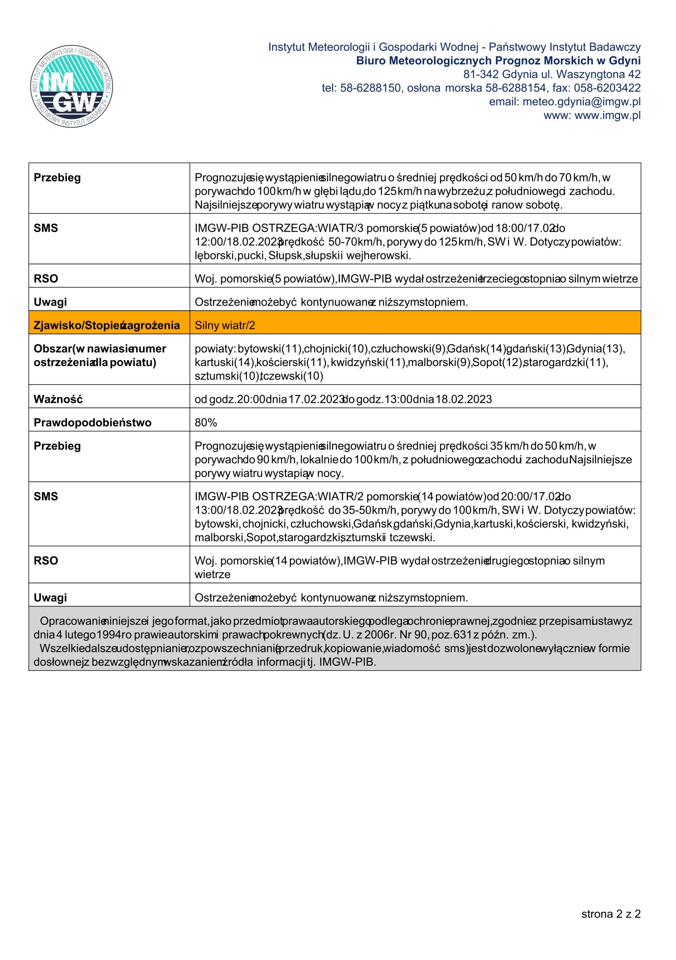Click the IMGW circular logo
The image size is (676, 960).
[x=71, y=87]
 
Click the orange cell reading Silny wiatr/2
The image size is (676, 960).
[x=225, y=325]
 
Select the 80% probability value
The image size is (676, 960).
[x=206, y=422]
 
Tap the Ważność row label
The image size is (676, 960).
[x=58, y=399]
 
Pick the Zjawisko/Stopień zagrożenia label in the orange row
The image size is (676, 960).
[x=107, y=325]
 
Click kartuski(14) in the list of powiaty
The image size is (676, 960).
[x=225, y=362]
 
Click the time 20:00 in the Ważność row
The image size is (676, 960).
[x=250, y=399]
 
